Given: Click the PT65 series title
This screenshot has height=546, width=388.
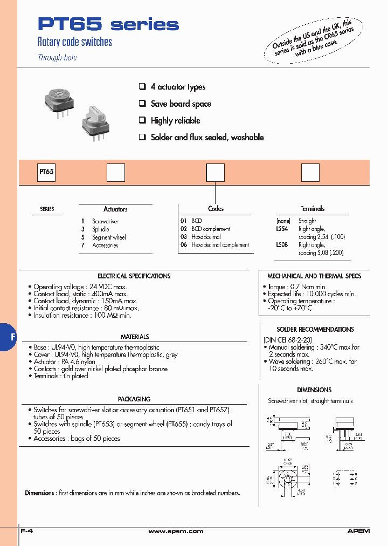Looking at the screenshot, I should point(108,24).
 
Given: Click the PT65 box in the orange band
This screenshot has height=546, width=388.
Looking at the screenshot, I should point(46,173).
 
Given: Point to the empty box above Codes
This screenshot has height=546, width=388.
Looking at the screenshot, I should point(216,173).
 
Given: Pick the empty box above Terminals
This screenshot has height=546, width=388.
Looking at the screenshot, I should point(310,173).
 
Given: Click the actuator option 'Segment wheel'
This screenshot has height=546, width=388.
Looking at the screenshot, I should point(109,237).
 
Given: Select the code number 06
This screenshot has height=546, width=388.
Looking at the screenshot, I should point(183,245).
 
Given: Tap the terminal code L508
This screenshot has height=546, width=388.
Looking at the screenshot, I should point(282,244).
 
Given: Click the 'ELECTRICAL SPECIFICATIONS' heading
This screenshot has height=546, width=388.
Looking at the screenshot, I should point(134,276).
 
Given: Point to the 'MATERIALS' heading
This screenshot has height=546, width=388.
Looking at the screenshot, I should point(135,337).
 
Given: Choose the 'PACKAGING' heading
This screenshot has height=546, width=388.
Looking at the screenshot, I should point(134,399).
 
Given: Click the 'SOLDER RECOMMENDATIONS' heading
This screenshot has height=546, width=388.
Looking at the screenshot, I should point(315,329).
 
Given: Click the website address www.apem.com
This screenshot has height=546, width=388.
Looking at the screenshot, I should point(176,531).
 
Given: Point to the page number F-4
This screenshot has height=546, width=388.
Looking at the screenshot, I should point(27,531).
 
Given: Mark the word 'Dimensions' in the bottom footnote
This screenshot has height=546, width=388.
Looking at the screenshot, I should point(39,493).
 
